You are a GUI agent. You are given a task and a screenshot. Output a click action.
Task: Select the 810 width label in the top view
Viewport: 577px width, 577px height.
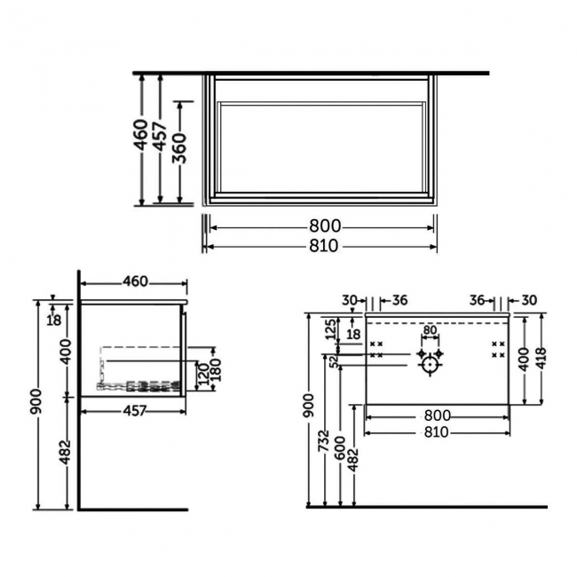click(323, 246)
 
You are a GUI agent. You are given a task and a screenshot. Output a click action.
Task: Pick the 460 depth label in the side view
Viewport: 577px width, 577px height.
click(134, 282)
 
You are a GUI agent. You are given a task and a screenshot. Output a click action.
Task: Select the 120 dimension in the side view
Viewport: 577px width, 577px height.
click(203, 374)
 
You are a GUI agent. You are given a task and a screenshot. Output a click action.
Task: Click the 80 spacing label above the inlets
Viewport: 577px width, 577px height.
click(431, 332)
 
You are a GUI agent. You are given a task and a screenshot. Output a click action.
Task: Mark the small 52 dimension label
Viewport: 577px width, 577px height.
click(334, 360)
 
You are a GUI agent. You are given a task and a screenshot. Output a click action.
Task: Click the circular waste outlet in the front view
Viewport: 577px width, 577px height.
click(431, 364)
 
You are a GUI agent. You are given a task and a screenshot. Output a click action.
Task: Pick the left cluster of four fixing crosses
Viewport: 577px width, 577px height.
click(376, 349)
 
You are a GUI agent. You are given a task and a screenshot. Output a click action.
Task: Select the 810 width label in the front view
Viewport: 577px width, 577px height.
click(437, 432)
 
